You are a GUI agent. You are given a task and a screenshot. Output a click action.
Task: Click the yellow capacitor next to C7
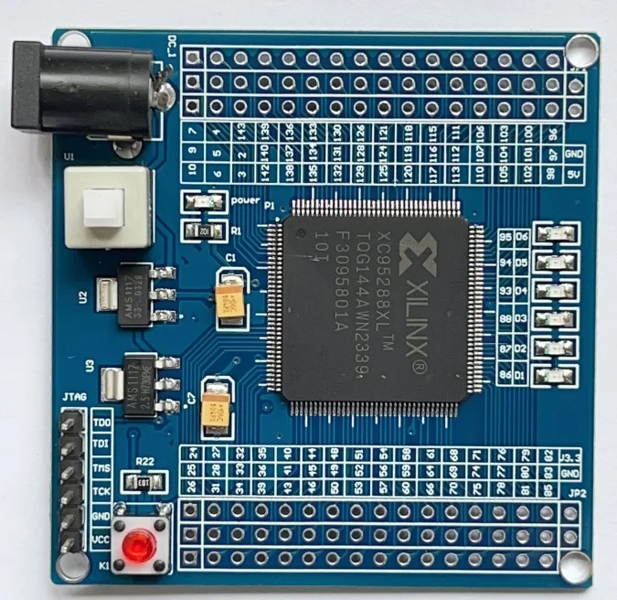(218, 409)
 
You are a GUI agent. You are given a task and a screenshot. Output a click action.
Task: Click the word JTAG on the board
(73, 399)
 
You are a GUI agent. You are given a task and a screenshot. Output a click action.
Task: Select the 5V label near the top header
(574, 172)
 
